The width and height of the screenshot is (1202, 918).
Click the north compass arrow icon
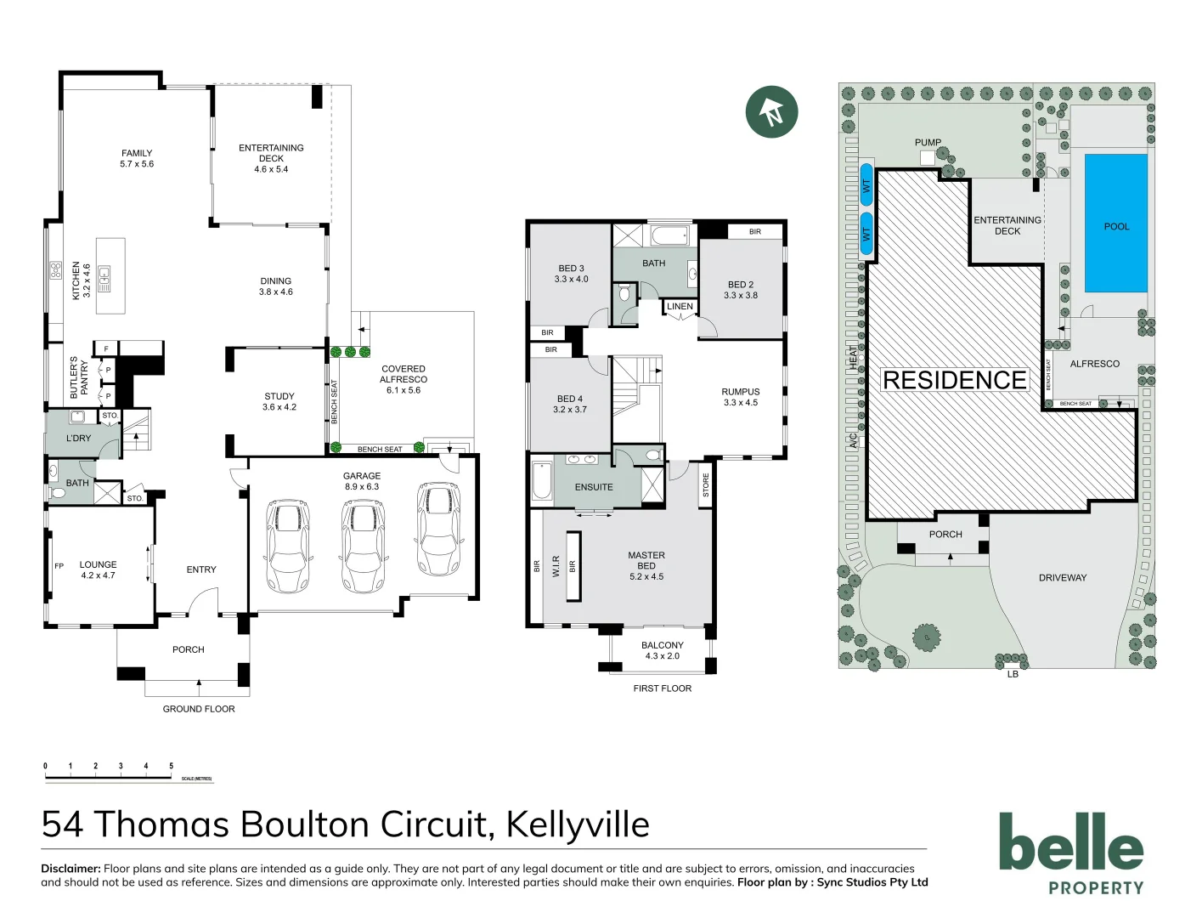click(x=771, y=111)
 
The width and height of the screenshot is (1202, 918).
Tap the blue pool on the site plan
click(x=1116, y=224)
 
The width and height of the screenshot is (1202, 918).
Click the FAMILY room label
click(x=137, y=159)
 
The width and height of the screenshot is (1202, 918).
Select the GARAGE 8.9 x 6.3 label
click(x=362, y=481)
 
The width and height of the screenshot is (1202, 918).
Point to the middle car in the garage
click(x=363, y=545)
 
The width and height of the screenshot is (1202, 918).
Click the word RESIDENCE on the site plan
click(x=955, y=380)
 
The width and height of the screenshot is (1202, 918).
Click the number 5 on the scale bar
click(x=171, y=766)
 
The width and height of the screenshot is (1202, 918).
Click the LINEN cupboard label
click(x=680, y=306)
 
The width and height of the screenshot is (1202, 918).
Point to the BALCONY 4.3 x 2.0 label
click(x=663, y=650)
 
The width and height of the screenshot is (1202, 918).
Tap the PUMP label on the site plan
click(x=928, y=142)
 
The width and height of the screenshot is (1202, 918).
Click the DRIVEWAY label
click(x=1063, y=578)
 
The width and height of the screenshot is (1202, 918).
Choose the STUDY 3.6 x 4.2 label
click(x=279, y=401)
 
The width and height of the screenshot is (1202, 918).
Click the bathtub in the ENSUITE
click(x=541, y=480)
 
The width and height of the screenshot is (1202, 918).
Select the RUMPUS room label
click(x=741, y=397)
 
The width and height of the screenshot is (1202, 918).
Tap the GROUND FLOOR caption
click(x=199, y=709)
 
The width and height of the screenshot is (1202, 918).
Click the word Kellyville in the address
click(x=578, y=824)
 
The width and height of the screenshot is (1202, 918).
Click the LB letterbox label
click(x=1013, y=674)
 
